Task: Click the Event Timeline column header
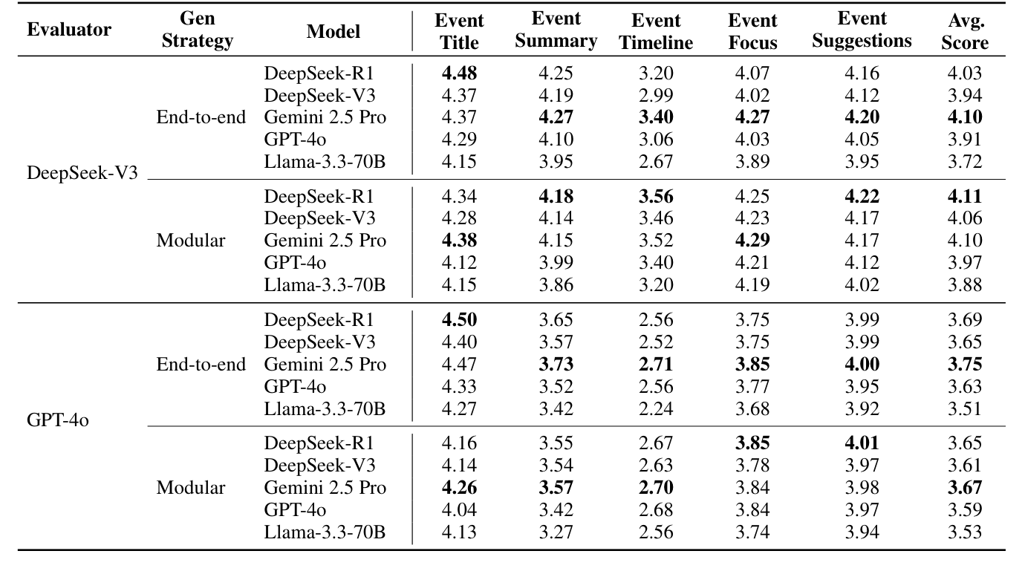(x=656, y=31)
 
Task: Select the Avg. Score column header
(x=965, y=31)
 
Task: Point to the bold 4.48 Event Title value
(x=459, y=73)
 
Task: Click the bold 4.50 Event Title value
(x=459, y=320)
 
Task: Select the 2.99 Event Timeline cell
(x=656, y=95)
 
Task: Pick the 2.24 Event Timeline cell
(x=656, y=408)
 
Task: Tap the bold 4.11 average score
(x=965, y=197)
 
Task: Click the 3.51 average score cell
(x=965, y=408)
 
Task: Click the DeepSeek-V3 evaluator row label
(x=83, y=173)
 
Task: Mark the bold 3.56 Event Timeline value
(x=656, y=197)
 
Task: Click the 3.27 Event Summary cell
(x=556, y=532)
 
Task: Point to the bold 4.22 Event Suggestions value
(x=862, y=197)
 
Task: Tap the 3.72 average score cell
(x=965, y=161)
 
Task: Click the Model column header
(x=333, y=30)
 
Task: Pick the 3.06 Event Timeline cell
(x=656, y=139)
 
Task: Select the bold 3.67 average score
(x=965, y=488)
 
